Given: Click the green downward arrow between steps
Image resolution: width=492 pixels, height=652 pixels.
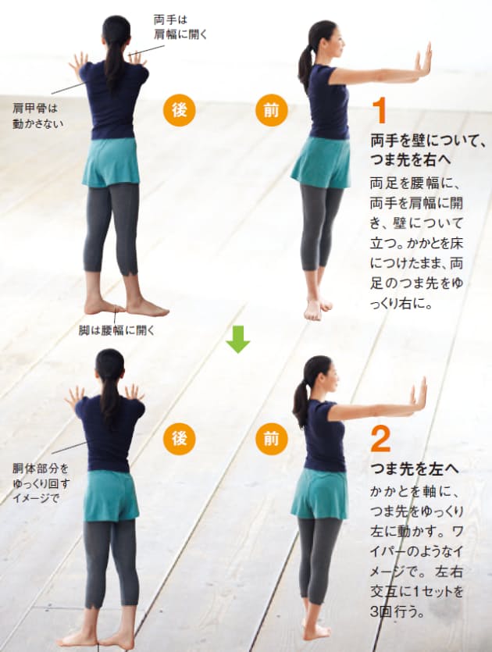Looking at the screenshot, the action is point(238,340).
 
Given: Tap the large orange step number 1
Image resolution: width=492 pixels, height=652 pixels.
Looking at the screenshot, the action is point(380,110).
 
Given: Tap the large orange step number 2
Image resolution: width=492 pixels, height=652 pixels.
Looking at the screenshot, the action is point(380,439).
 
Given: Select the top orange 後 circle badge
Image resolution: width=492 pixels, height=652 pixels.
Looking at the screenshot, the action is point(180,110).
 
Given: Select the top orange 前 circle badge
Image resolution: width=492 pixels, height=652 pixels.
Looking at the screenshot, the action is point(272,110).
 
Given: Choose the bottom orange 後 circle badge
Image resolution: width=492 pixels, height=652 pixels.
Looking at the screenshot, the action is point(180,439).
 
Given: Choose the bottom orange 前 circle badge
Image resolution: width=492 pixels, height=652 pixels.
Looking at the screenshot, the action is point(272,439).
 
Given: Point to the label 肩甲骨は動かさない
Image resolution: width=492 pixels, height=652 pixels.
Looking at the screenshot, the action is point(37,116).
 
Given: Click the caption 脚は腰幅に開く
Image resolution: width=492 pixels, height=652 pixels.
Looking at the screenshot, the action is point(117,330).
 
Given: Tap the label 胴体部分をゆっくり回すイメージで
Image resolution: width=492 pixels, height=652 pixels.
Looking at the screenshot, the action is point(41,483).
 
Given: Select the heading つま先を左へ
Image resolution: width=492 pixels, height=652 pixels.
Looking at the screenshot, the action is point(415,469).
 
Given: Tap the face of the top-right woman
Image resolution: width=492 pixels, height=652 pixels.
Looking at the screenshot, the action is point(335,43).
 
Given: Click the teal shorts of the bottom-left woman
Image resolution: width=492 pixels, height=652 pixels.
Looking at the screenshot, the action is point(111,495).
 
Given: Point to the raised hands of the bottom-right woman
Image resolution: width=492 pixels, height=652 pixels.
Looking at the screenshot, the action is point(419,394).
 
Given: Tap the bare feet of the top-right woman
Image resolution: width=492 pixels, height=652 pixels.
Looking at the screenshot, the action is point(318,308).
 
